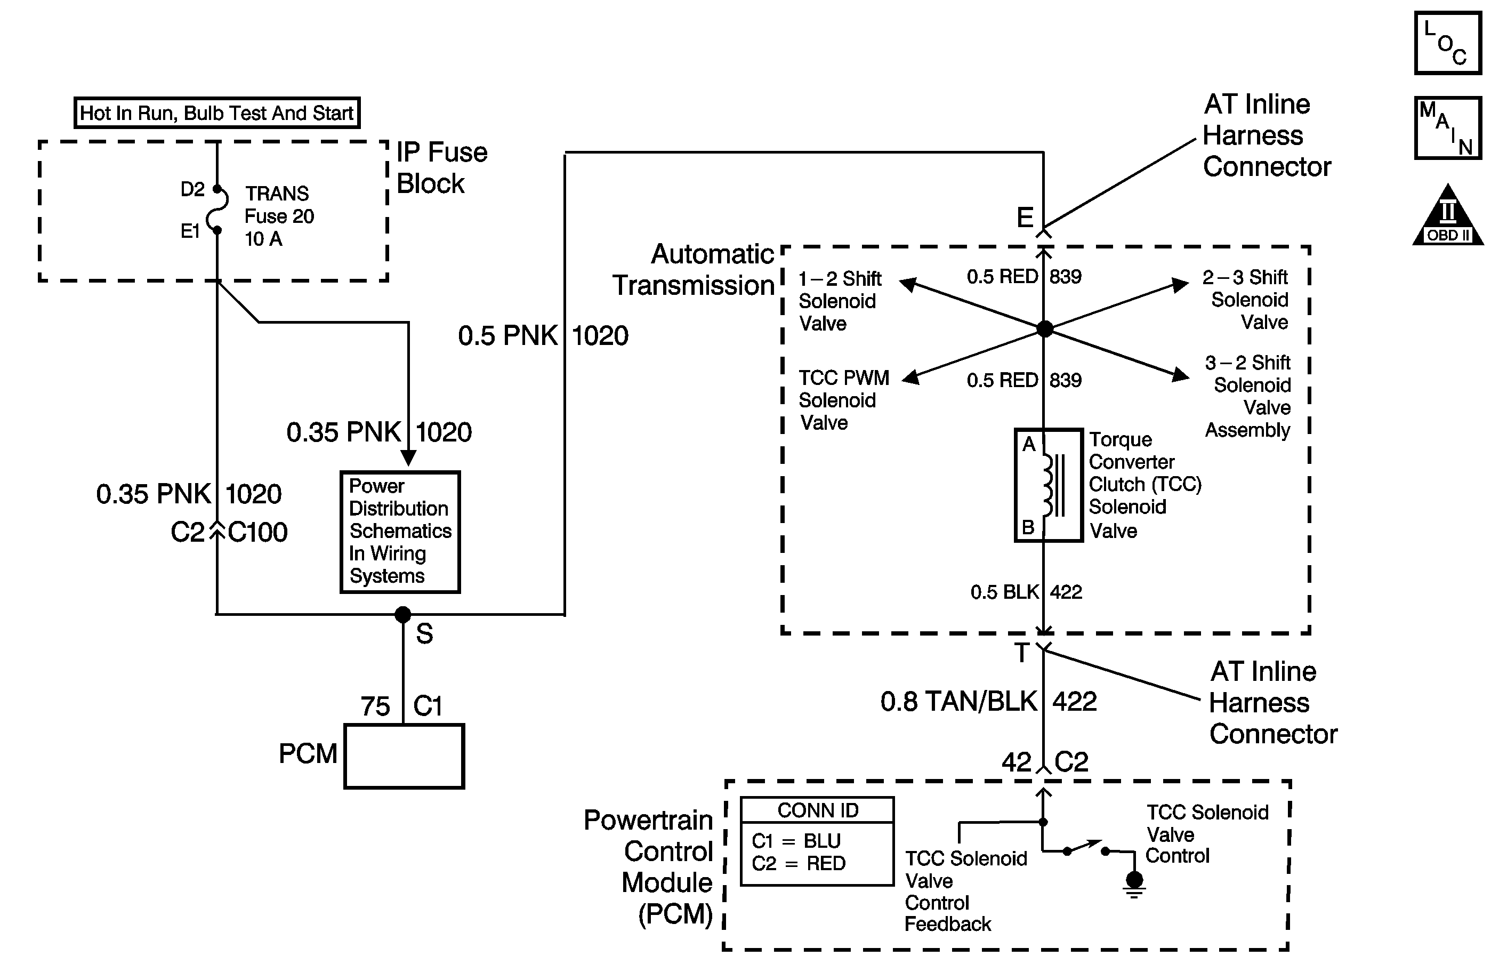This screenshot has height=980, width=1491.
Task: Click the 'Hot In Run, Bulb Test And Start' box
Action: click(217, 113)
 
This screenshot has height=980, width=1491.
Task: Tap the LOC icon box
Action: click(1447, 43)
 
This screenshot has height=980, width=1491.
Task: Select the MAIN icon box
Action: click(1447, 128)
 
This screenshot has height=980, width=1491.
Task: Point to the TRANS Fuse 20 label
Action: click(279, 215)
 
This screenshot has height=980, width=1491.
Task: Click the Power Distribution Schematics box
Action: click(400, 532)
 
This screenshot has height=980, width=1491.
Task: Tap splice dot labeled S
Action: click(403, 614)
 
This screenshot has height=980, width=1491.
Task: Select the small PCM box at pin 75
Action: click(404, 756)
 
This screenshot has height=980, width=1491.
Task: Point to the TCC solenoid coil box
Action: click(1049, 485)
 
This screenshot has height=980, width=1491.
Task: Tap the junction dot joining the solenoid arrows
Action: click(1044, 328)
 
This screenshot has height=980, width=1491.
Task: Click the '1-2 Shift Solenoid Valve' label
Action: click(839, 301)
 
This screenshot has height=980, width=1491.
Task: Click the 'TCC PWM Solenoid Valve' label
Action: click(843, 400)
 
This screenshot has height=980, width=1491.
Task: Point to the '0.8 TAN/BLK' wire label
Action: click(958, 701)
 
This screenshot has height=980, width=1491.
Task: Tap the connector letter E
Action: click(1025, 218)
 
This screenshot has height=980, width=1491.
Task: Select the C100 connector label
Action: click(257, 532)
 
